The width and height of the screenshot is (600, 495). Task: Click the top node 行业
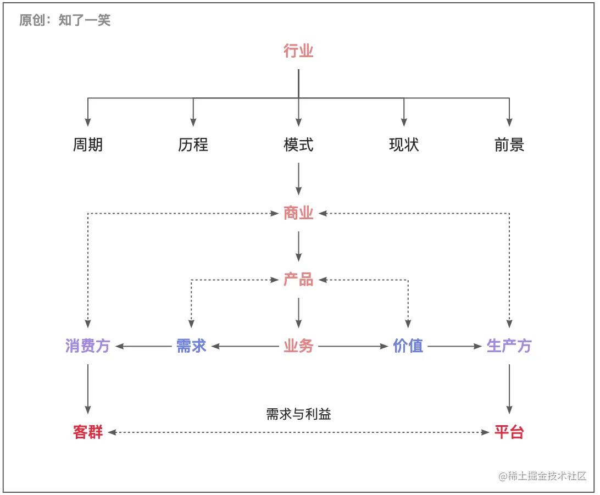[298, 51]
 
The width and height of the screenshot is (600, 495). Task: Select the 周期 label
[88, 144]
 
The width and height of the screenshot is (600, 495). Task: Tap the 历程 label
[193, 144]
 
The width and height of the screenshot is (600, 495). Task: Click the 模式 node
[298, 144]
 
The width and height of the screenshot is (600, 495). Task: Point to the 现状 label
[404, 144]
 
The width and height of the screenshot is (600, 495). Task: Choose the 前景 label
[509, 144]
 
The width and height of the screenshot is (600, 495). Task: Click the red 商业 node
[298, 213]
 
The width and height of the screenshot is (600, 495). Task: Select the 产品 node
[298, 280]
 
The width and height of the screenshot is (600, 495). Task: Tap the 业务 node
[298, 346]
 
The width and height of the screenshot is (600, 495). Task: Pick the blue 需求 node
[191, 346]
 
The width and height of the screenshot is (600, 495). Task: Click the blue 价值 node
[408, 346]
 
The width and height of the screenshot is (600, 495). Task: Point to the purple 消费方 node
[88, 346]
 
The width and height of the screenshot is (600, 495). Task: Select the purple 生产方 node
[509, 346]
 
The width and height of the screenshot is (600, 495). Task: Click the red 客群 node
[88, 432]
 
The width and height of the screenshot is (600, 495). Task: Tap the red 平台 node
[509, 432]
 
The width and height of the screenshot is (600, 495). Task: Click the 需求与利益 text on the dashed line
[298, 414]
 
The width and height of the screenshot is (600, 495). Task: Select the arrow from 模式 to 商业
[298, 179]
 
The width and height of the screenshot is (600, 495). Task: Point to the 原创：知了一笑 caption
[65, 21]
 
